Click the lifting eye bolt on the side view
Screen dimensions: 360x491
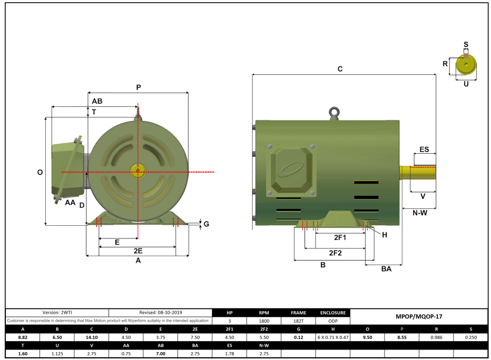click(333, 112)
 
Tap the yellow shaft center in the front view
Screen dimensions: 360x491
click(138, 172)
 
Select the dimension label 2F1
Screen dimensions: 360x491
click(340, 238)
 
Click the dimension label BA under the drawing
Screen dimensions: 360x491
click(386, 268)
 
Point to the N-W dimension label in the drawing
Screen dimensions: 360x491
click(420, 213)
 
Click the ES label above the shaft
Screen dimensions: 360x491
click(424, 149)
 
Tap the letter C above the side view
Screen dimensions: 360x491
click(340, 69)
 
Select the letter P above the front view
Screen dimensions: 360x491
click(138, 87)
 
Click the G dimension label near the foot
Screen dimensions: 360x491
click(206, 224)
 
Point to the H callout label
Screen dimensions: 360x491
click(385, 235)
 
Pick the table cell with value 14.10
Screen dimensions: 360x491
click(92, 337)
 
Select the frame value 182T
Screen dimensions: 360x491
click(298, 321)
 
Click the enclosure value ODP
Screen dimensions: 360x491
click(332, 321)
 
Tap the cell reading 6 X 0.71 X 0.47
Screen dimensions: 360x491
click(332, 337)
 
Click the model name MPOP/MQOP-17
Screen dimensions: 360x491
click(418, 317)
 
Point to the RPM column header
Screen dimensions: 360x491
click(264, 313)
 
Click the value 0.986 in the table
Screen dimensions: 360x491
click(436, 337)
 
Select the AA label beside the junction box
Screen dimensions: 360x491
click(70, 202)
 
